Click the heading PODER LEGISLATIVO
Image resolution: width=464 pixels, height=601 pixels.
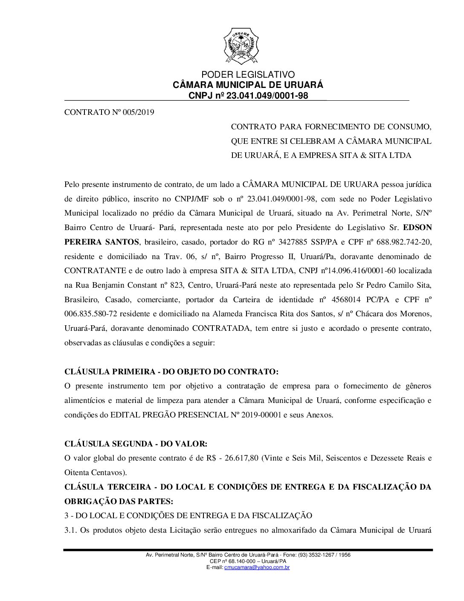coord(248,75)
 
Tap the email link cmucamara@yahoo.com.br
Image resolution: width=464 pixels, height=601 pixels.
coord(257,567)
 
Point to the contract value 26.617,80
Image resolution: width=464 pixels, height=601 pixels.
coord(241,458)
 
